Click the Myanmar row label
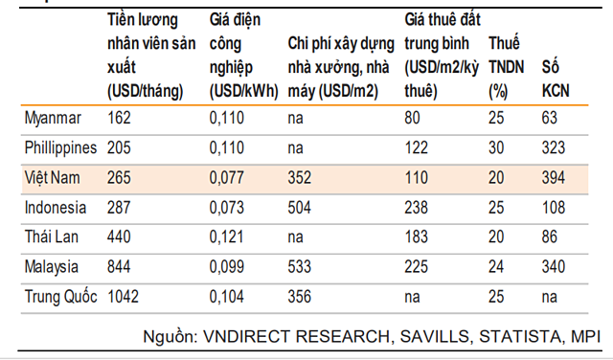(x=53, y=118)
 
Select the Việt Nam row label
(x=53, y=178)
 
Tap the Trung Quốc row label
(x=60, y=296)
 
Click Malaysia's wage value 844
(x=119, y=267)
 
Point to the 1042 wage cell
(x=123, y=297)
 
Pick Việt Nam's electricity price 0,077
(x=227, y=178)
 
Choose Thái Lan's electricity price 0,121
(x=227, y=237)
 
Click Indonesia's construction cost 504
(x=300, y=208)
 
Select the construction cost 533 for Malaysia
(x=300, y=267)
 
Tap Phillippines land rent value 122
(x=417, y=148)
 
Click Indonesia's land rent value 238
(x=417, y=208)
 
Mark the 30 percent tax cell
(x=496, y=148)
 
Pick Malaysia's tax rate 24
(x=496, y=267)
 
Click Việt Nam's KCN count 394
(x=554, y=178)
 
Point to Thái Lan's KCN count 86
(x=550, y=237)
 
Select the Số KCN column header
(x=556, y=79)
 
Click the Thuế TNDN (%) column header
(x=506, y=67)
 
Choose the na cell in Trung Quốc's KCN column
(x=549, y=298)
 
